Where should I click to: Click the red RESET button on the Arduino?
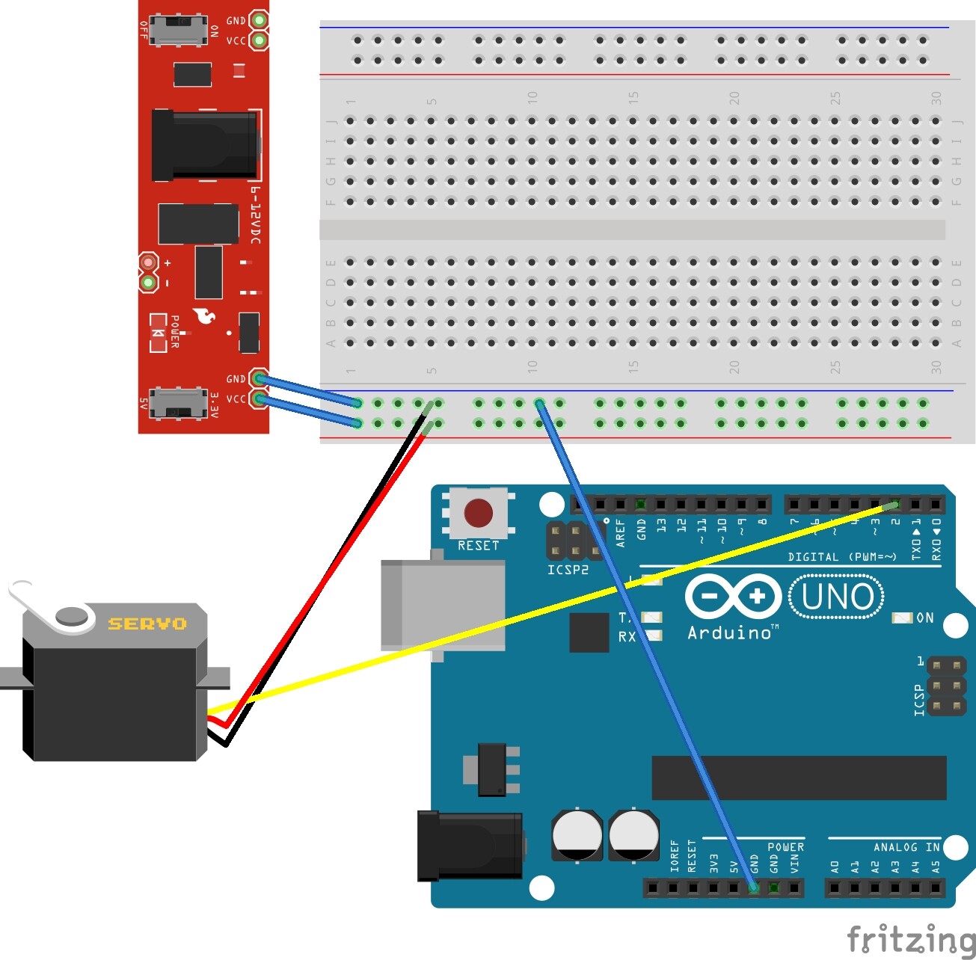pos(478,514)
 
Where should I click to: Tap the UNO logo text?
pos(837,597)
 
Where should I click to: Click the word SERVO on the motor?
pos(147,624)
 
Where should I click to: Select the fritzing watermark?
pos(910,940)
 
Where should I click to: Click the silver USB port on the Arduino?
pos(441,606)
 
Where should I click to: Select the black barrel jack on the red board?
pos(206,145)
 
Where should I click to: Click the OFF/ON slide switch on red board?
pos(179,31)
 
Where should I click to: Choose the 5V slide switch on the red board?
pos(178,404)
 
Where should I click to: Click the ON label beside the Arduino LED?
pos(925,618)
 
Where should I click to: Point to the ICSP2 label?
pos(568,570)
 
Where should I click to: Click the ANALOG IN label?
pos(906,847)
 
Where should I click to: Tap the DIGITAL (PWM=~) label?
pos(841,557)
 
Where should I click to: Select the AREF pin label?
pos(620,533)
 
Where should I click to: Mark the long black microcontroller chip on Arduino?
pos(799,778)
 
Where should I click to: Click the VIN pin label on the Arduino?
pos(794,864)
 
